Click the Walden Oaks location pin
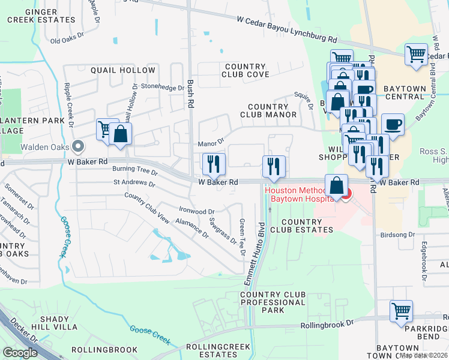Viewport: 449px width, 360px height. [78, 146]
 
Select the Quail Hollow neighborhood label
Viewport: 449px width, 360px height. [122, 70]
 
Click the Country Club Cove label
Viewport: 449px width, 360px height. [245, 70]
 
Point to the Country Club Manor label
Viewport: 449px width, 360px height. [268, 110]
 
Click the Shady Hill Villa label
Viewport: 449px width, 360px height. [50, 323]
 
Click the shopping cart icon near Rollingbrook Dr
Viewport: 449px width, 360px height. [401, 311]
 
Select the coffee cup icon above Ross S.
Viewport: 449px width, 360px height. [393, 124]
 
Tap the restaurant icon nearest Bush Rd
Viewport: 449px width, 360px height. [214, 163]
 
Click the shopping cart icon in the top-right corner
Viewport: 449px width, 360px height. [416, 54]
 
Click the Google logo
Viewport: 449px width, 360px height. [20, 353]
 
